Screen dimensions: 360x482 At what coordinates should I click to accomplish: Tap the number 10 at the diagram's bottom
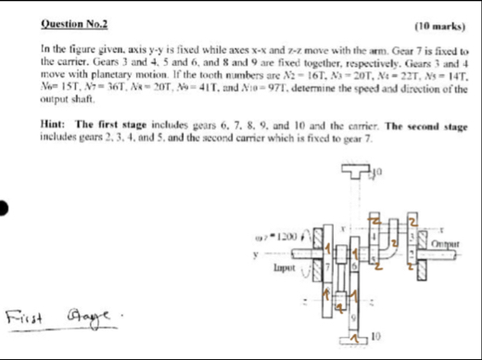[375, 335]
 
